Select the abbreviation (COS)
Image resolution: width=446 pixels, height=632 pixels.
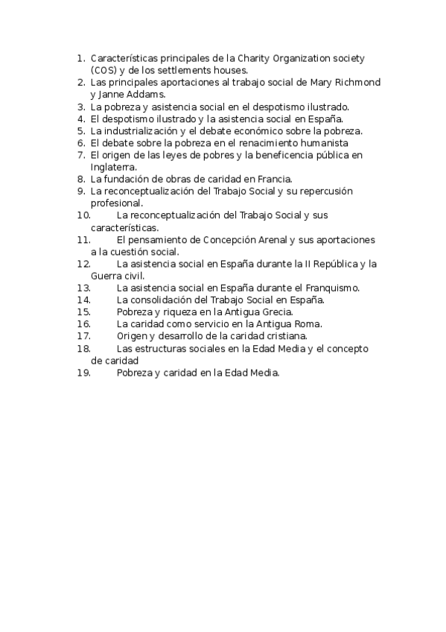tap(102, 70)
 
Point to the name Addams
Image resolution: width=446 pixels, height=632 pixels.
tap(149, 95)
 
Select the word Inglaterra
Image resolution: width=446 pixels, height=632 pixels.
tap(112, 167)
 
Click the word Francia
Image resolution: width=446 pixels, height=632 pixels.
tap(274, 179)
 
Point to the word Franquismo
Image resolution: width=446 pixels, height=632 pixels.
tap(333, 288)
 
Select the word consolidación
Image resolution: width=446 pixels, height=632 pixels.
tap(160, 300)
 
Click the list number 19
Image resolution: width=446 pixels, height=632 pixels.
tap(83, 372)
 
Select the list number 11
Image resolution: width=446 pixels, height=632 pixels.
tap(83, 239)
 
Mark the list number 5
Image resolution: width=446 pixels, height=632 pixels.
tap(82, 130)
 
